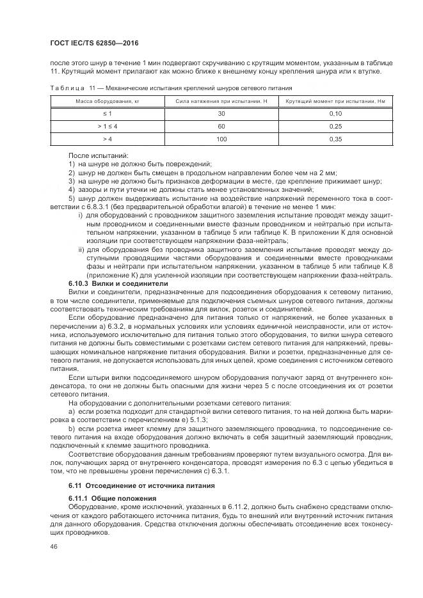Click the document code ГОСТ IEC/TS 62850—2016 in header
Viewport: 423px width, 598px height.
tap(93, 43)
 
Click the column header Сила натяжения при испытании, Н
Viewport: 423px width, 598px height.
tap(221, 102)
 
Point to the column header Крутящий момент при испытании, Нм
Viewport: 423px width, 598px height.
tap(339, 102)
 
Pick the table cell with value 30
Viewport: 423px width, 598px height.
tap(221, 113)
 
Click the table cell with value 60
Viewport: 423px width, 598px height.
tap(221, 126)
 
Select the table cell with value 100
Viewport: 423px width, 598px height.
tap(221, 138)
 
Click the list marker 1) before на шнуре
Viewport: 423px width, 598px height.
tap(72, 164)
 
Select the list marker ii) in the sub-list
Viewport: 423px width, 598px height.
tap(81, 249)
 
